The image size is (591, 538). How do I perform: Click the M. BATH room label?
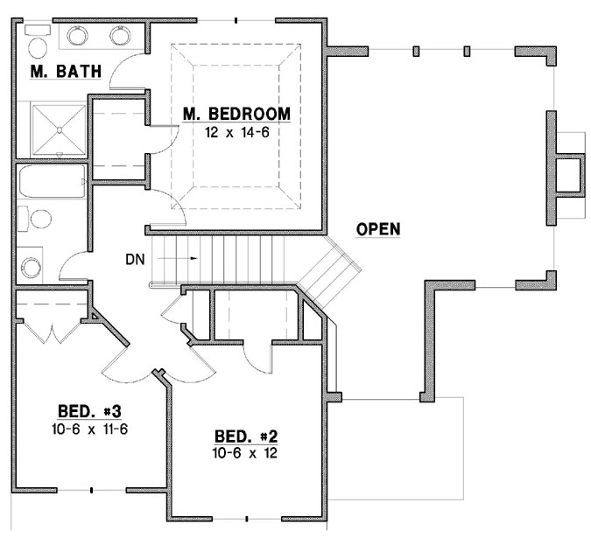click(65, 72)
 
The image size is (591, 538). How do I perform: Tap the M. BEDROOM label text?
click(236, 114)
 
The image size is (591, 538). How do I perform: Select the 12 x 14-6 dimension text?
click(236, 131)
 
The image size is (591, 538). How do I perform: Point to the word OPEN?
click(378, 229)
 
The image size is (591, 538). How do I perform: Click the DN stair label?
click(134, 259)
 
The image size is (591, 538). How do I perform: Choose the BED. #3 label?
click(90, 411)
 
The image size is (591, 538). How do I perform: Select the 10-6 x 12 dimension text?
click(245, 453)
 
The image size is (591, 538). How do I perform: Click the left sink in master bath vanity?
click(77, 36)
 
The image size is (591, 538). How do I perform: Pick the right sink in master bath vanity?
click(120, 36)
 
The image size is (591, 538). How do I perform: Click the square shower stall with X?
click(59, 129)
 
